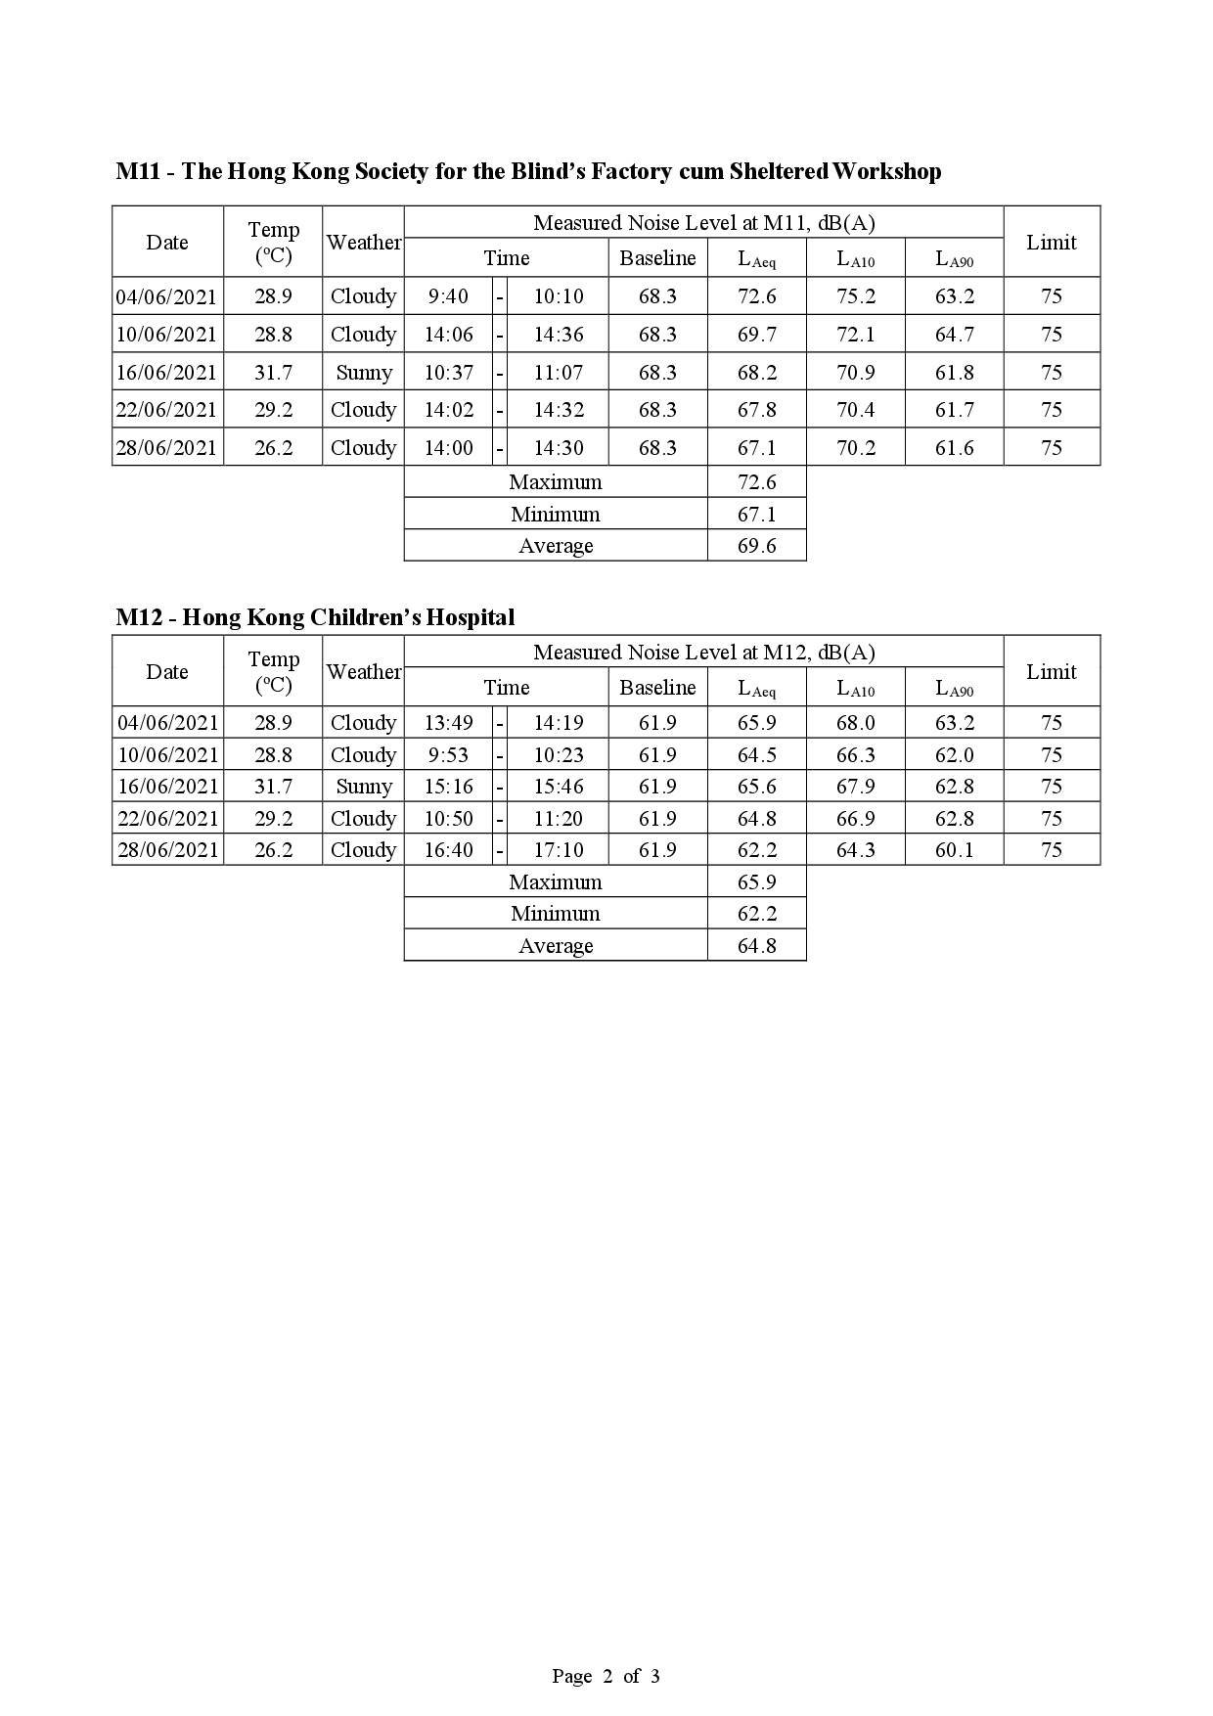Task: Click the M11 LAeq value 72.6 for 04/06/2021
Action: point(756,296)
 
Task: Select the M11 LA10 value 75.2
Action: point(855,296)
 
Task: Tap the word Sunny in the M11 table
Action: point(363,373)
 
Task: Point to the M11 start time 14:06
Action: point(448,335)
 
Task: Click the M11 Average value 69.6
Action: point(756,546)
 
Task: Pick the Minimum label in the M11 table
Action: point(555,515)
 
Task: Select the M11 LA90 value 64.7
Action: point(954,335)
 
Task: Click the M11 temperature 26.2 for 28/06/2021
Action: point(273,448)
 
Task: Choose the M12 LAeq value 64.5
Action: point(756,755)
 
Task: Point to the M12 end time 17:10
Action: point(558,850)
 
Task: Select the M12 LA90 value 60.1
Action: point(954,850)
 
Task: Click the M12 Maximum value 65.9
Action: point(756,882)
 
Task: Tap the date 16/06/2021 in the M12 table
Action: point(168,787)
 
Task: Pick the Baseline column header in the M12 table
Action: point(657,688)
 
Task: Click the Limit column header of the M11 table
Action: point(1051,243)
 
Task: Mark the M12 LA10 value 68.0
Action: point(855,723)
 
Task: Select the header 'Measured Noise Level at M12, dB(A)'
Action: point(703,653)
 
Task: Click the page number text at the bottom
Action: point(606,1676)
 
